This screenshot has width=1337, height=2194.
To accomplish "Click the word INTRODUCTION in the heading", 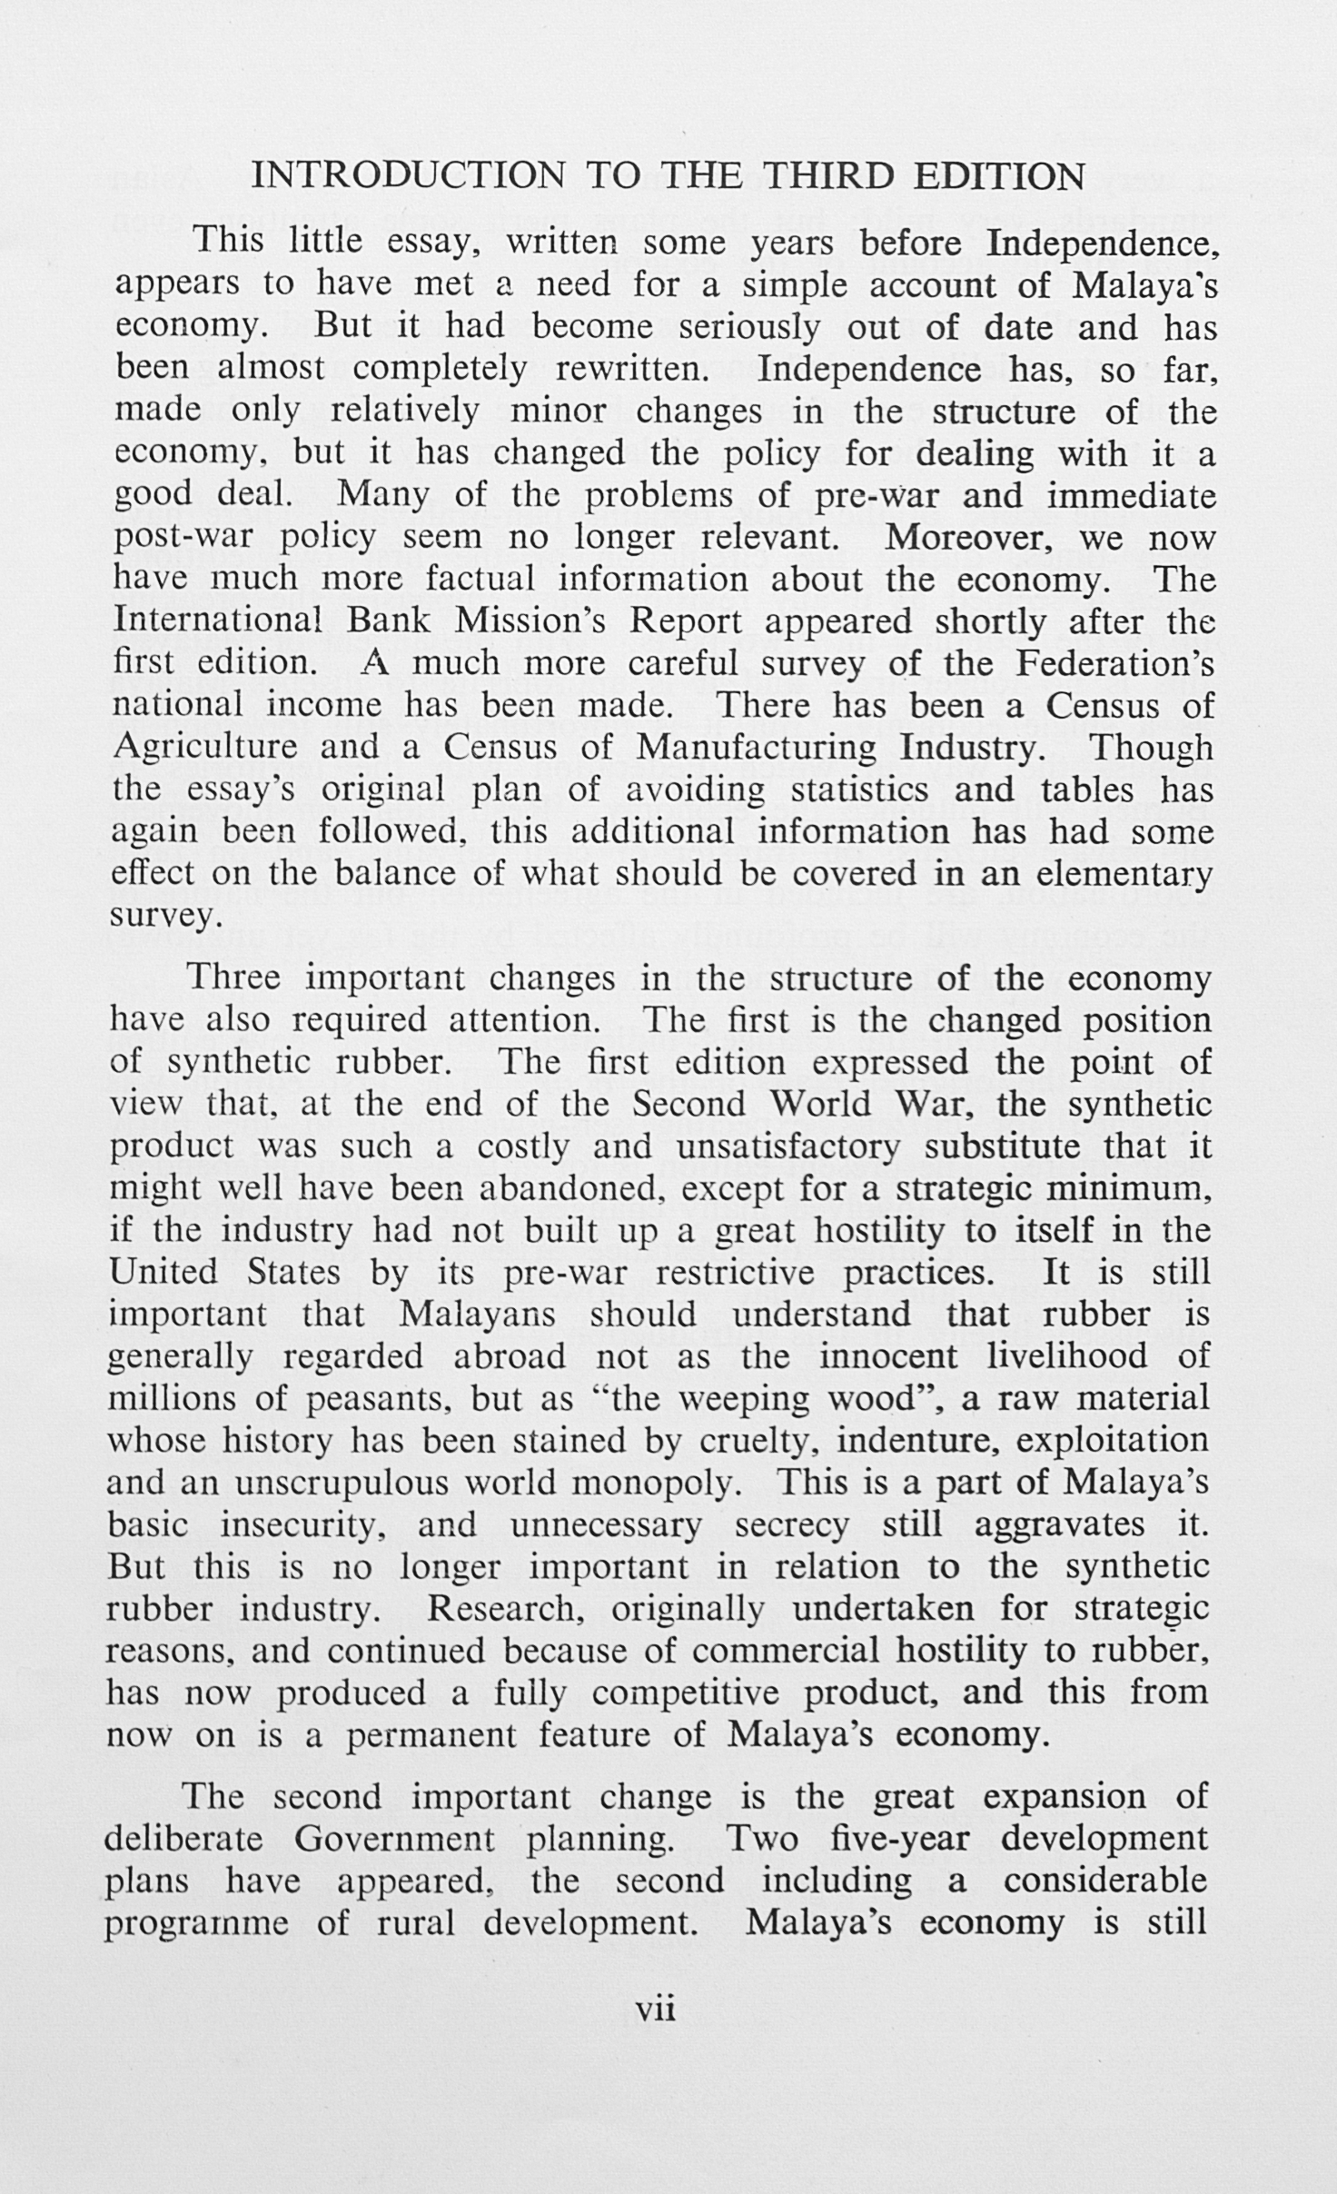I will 408,175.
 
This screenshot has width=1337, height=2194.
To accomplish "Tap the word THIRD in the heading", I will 829,175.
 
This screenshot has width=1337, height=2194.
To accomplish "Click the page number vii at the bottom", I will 657,2008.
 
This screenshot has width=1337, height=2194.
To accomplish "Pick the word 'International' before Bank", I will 218,621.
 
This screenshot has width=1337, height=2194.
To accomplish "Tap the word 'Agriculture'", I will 203,747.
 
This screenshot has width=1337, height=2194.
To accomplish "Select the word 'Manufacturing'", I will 757,747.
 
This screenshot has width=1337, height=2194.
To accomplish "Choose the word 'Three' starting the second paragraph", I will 233,978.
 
